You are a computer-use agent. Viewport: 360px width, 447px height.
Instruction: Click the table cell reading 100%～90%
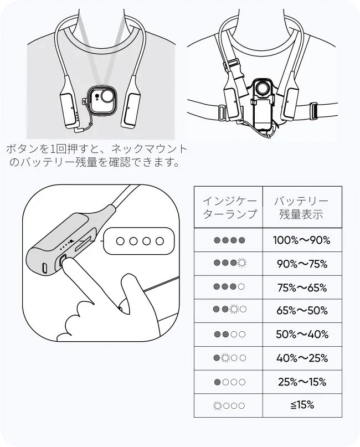[301, 240]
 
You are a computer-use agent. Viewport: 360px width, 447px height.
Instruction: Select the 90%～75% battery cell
[302, 264]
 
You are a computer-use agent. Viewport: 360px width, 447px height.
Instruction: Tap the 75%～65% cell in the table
[302, 287]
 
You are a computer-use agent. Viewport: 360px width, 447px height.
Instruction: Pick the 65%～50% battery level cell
[302, 310]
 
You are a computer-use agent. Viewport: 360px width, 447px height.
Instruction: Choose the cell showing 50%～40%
[302, 334]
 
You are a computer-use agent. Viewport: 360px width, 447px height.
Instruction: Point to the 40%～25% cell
[302, 358]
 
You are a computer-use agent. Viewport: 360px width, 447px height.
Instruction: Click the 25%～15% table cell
[302, 382]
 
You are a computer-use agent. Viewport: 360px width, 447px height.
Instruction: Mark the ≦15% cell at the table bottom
[302, 405]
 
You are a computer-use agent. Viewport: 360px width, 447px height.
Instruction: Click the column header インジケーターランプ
[230, 207]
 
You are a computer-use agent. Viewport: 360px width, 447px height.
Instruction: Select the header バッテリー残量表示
[301, 207]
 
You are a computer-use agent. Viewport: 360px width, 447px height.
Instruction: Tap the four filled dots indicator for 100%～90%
[229, 240]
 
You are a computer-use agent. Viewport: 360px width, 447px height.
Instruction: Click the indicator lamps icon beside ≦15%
[229, 405]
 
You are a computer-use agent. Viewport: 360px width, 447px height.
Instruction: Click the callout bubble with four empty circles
[139, 241]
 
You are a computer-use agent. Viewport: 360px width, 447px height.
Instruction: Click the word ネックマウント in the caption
[149, 149]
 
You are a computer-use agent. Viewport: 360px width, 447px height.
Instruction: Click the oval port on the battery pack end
[45, 268]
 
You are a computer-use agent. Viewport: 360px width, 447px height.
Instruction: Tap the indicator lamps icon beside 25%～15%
[229, 382]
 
